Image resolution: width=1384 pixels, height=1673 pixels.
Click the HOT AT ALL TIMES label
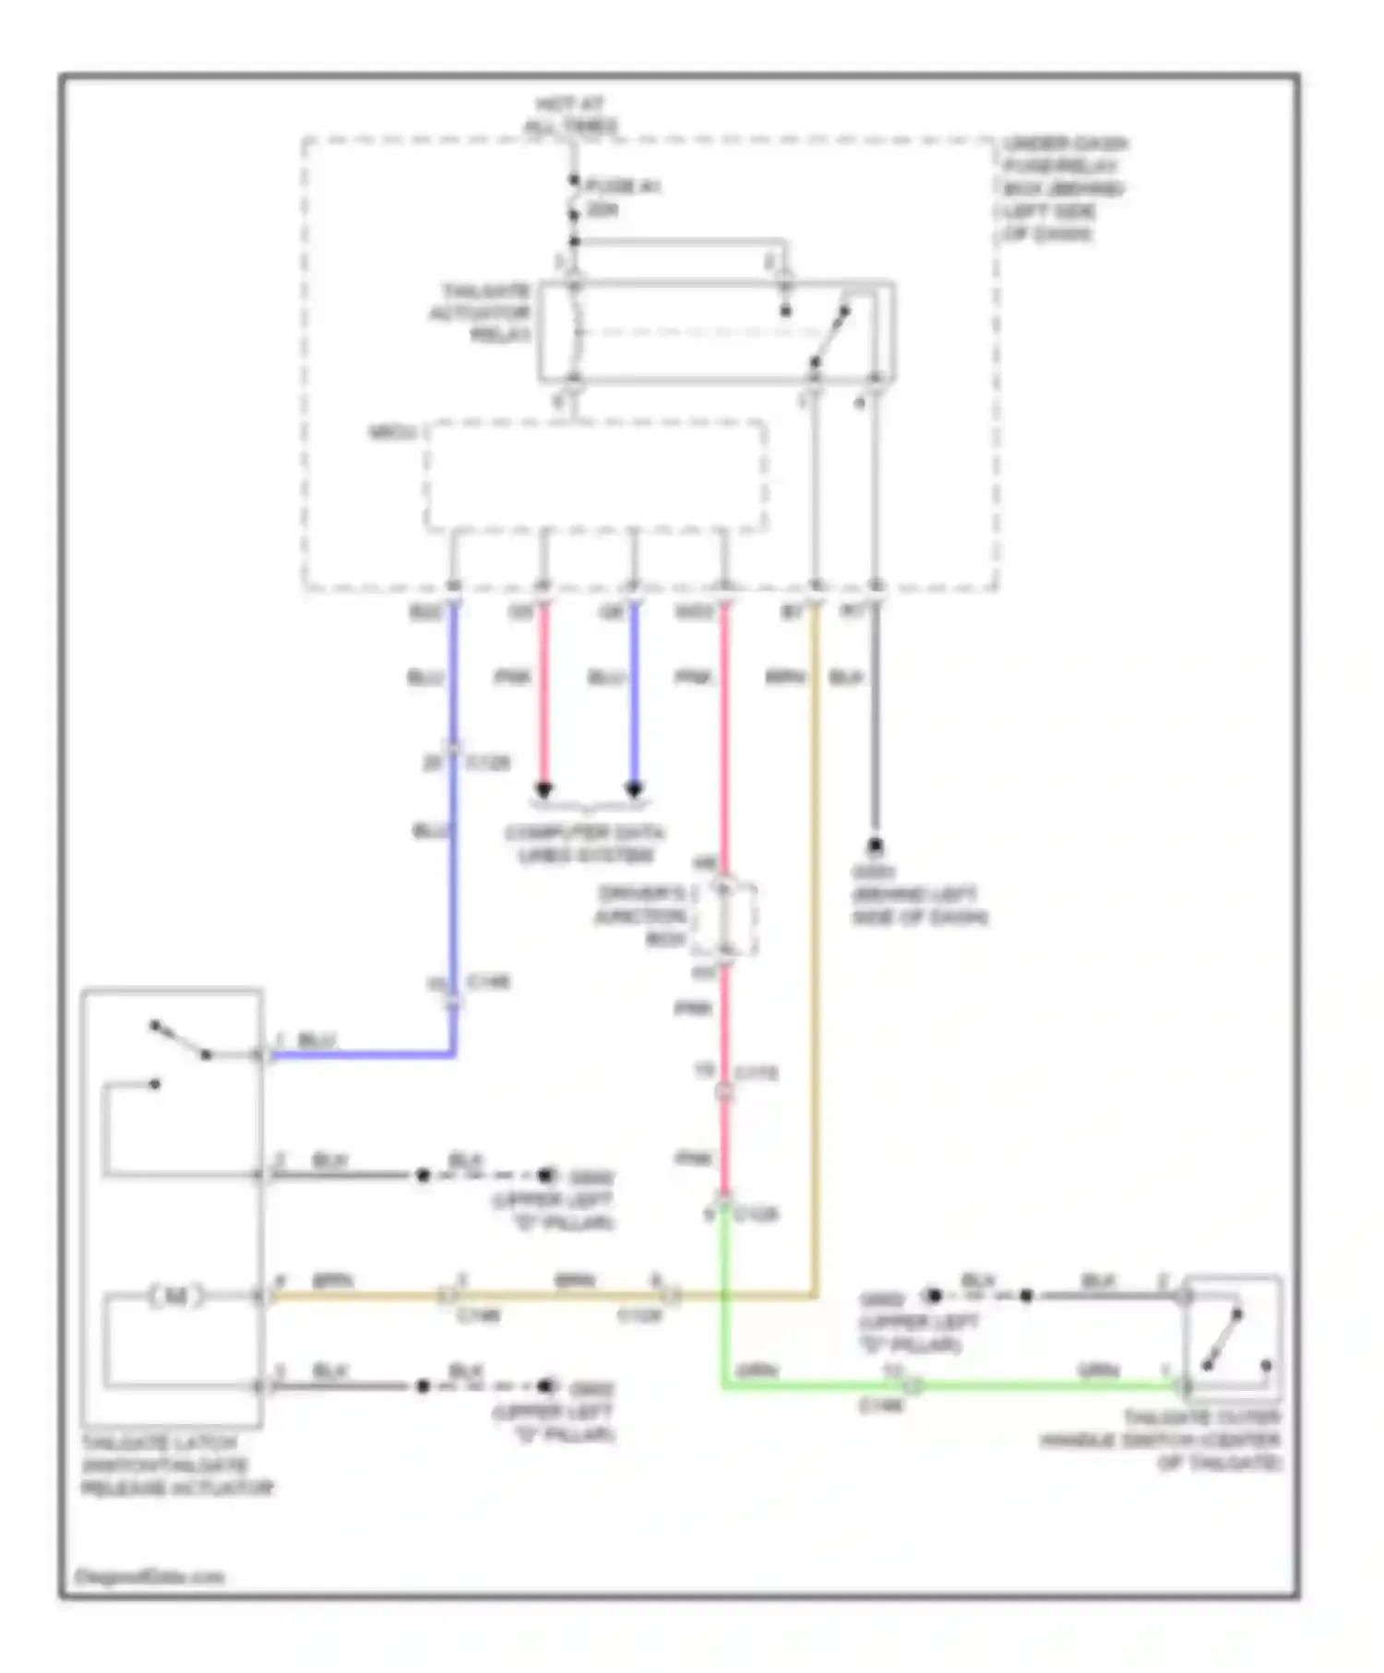coord(571,114)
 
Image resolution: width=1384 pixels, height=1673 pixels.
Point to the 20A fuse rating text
coord(603,210)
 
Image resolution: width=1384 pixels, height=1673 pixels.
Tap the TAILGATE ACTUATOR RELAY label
coord(482,313)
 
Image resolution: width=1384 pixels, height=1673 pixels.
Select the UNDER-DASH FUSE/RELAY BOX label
coord(1063,188)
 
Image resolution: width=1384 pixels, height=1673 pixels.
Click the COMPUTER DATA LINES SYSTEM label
coord(584,844)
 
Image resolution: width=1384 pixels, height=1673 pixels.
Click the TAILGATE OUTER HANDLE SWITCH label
coord(1163,1441)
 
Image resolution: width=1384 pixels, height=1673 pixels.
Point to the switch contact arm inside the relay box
coord(830,336)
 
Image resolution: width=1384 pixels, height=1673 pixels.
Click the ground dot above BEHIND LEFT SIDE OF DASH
coord(874,845)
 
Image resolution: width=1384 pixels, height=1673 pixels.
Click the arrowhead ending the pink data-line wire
coord(544,790)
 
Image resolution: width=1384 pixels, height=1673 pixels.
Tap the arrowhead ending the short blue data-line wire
coord(634,790)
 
